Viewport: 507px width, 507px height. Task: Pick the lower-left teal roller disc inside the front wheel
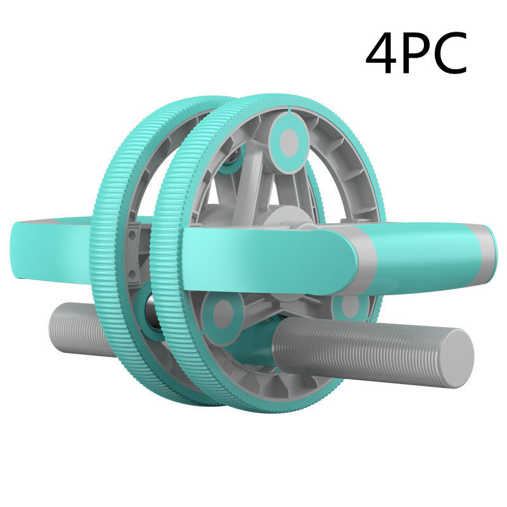[x=223, y=313]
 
